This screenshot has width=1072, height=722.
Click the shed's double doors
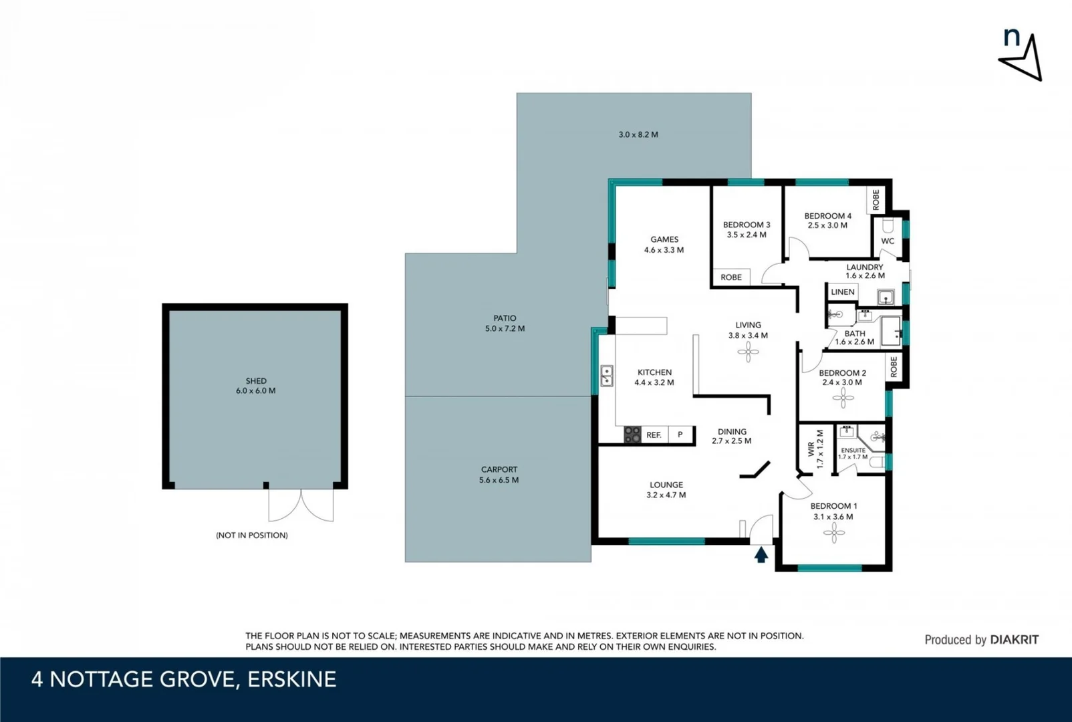(x=301, y=505)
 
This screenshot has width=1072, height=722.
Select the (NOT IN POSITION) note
(x=251, y=535)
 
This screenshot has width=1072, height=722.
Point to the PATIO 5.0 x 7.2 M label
(x=505, y=324)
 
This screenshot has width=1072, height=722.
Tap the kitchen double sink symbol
(x=607, y=376)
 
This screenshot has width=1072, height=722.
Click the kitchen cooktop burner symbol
(x=632, y=435)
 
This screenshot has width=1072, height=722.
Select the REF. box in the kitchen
(x=654, y=435)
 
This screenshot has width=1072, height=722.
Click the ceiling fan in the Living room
(x=748, y=352)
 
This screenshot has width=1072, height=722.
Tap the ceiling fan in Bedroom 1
(x=833, y=533)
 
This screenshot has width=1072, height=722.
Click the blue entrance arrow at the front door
(x=761, y=554)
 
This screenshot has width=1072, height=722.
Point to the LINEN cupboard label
(x=842, y=292)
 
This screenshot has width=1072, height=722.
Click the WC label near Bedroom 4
(x=888, y=241)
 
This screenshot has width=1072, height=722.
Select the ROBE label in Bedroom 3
(x=731, y=277)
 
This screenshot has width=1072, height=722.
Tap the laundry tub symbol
(x=886, y=297)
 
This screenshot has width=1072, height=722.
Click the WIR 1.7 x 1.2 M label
(x=815, y=449)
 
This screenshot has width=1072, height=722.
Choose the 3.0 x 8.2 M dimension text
(x=638, y=134)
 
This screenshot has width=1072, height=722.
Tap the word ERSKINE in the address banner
(x=291, y=680)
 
